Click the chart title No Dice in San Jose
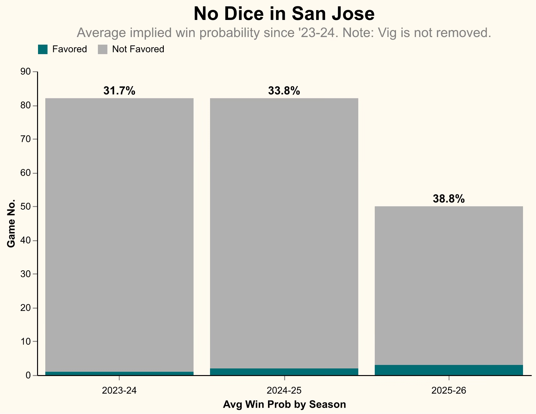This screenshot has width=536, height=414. [284, 14]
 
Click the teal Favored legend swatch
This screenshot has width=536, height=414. [43, 49]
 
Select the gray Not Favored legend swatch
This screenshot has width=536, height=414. [103, 49]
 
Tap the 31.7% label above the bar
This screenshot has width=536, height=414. [119, 91]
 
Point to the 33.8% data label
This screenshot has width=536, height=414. [284, 91]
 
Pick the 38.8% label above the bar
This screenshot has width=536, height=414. [449, 199]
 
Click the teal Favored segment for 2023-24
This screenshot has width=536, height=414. [119, 373]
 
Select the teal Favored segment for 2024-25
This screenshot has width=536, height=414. [284, 372]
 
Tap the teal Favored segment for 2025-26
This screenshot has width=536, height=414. [449, 370]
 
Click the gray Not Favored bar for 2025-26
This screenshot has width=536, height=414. [449, 286]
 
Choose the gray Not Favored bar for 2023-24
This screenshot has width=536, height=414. [119, 235]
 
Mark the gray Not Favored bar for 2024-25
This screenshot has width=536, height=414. [284, 233]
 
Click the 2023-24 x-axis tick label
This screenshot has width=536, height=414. [119, 391]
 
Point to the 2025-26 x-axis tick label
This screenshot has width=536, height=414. [449, 391]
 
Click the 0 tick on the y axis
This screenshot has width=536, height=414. [28, 375]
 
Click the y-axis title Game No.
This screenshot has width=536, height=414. [11, 223]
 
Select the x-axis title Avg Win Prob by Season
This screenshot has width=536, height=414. [284, 405]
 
